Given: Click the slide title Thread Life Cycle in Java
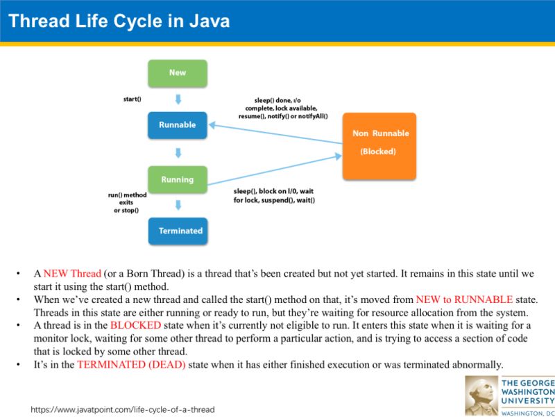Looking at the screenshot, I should point(119,22).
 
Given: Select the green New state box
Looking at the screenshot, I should point(178,73).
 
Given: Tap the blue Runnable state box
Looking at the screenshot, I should point(178,125).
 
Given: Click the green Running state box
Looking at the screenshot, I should point(178,179).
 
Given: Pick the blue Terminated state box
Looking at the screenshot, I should point(178,231).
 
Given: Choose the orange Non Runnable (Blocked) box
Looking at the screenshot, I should point(379,145).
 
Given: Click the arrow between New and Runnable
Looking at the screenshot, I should point(178,99).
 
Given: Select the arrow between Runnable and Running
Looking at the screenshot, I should point(178,152).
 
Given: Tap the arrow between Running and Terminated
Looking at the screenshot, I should point(178,205).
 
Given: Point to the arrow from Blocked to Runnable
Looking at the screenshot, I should point(277,135).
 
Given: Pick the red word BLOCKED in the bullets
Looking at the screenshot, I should point(135,325).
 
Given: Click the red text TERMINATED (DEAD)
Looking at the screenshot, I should point(131,365).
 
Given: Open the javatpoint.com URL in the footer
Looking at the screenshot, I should point(122,409).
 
